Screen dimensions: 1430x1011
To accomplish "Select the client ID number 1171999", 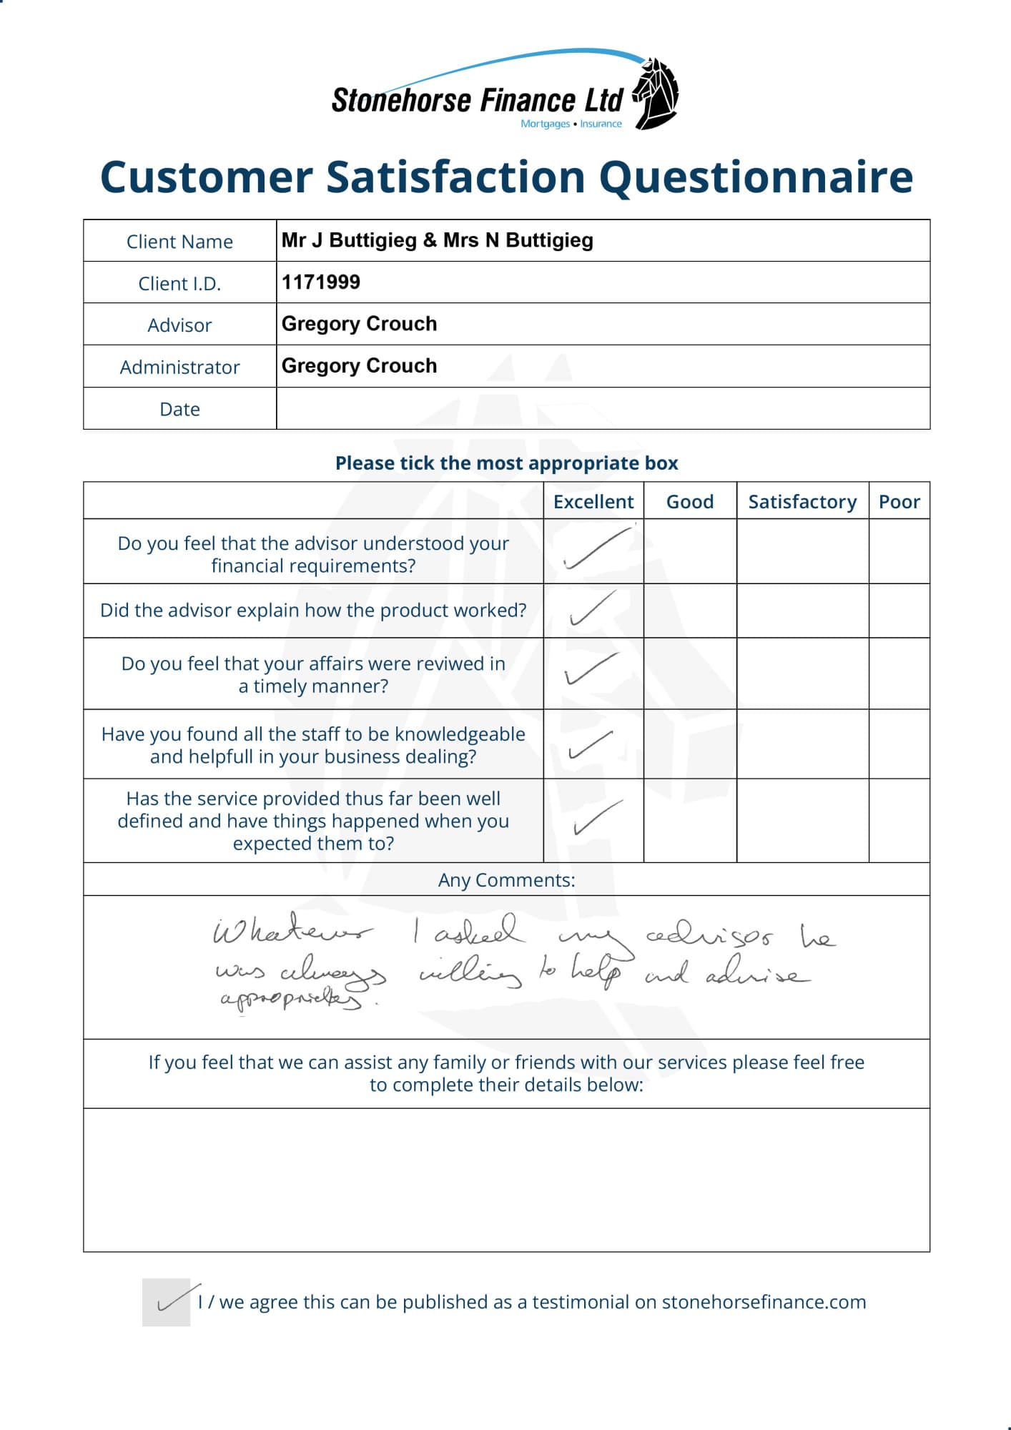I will click(x=321, y=282).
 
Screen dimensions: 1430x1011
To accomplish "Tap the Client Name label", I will click(x=179, y=242).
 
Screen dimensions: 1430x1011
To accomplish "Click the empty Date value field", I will click(x=602, y=409).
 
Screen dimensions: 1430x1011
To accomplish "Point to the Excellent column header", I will click(x=593, y=502).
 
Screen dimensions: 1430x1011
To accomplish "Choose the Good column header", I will click(x=689, y=502).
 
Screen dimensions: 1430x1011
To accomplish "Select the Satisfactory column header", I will click(x=802, y=502).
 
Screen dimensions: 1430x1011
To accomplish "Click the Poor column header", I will click(x=899, y=502).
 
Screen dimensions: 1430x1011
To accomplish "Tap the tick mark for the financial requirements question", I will click(x=597, y=549).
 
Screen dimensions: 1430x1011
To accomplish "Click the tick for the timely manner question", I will click(x=591, y=669).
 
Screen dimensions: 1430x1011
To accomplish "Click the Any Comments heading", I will click(x=506, y=880).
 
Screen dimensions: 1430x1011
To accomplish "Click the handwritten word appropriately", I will click(x=292, y=998).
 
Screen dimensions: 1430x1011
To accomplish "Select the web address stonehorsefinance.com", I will click(x=764, y=1302).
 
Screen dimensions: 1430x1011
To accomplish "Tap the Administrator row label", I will click(x=179, y=368).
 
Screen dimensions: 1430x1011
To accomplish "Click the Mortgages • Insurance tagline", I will click(x=571, y=124).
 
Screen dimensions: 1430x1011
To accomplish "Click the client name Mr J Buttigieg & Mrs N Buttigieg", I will click(x=437, y=240).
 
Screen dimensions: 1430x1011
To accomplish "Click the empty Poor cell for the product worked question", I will click(x=899, y=611).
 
